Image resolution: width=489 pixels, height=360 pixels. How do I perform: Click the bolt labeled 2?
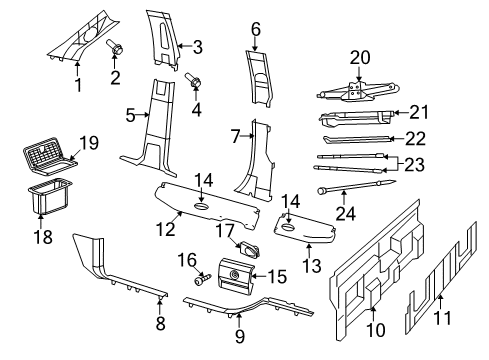(x=115, y=45)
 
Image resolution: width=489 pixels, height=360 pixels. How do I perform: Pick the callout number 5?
(x=129, y=117)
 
